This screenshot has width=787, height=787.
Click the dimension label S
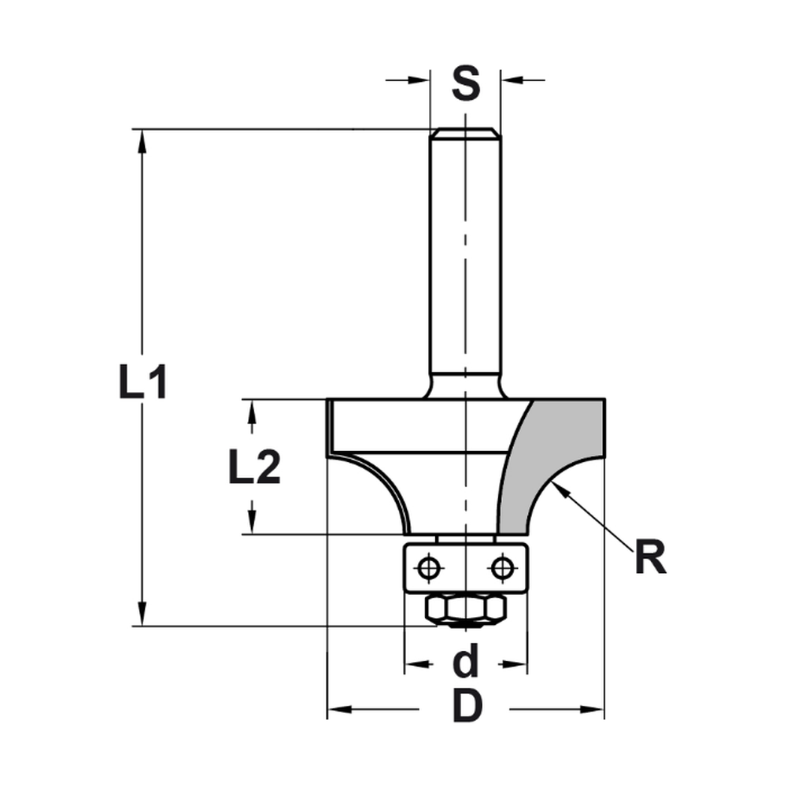click(x=466, y=83)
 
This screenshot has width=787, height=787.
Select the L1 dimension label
click(x=142, y=382)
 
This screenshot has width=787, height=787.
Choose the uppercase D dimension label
click(x=466, y=708)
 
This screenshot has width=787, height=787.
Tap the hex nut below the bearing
click(x=465, y=608)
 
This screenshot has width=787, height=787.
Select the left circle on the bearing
click(x=429, y=567)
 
